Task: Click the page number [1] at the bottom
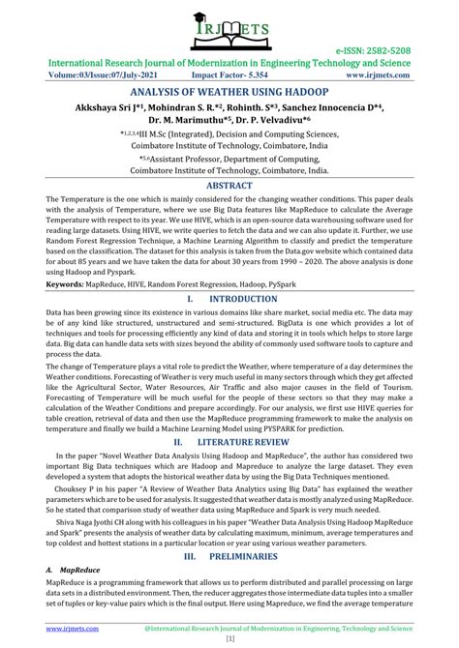pos(229,640)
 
